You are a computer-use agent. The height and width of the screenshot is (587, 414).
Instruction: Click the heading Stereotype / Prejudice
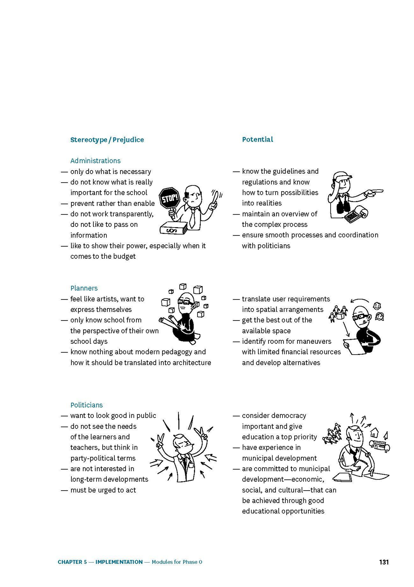[x=107, y=140]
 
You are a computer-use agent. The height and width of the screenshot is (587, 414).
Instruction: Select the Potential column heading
[x=257, y=139]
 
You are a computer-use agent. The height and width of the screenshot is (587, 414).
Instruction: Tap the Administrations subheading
[x=95, y=161]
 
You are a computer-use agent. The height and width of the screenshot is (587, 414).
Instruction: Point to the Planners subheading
[x=84, y=288]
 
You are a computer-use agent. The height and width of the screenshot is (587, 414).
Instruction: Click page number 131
[x=384, y=562]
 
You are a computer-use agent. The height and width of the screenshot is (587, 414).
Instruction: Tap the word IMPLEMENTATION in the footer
[x=119, y=562]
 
